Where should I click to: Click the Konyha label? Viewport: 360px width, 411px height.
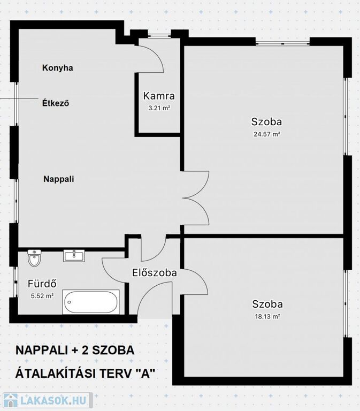pyautogui.click(x=58, y=68)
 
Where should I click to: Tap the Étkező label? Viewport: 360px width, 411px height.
pyautogui.click(x=56, y=103)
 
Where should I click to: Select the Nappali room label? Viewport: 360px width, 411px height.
pyautogui.click(x=59, y=179)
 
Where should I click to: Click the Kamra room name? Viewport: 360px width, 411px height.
pyautogui.click(x=159, y=96)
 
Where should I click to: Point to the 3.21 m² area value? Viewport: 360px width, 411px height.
pyautogui.click(x=159, y=108)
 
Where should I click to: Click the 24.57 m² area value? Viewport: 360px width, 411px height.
pyautogui.click(x=267, y=134)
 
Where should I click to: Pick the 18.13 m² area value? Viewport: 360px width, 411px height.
pyautogui.click(x=267, y=317)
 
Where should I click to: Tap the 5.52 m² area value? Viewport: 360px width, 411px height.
pyautogui.click(x=42, y=296)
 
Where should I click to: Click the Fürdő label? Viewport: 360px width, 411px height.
pyautogui.click(x=42, y=284)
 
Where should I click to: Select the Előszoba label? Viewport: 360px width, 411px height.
pyautogui.click(x=154, y=273)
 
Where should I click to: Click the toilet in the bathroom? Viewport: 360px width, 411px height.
pyautogui.click(x=34, y=257)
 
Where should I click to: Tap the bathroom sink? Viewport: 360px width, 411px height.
pyautogui.click(x=74, y=256)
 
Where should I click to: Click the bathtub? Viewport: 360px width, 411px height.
pyautogui.click(x=91, y=302)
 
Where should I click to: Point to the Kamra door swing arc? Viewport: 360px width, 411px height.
pyautogui.click(x=156, y=54)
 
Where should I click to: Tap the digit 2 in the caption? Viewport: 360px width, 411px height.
pyautogui.click(x=86, y=351)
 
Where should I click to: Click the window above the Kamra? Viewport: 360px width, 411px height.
pyautogui.click(x=160, y=35)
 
